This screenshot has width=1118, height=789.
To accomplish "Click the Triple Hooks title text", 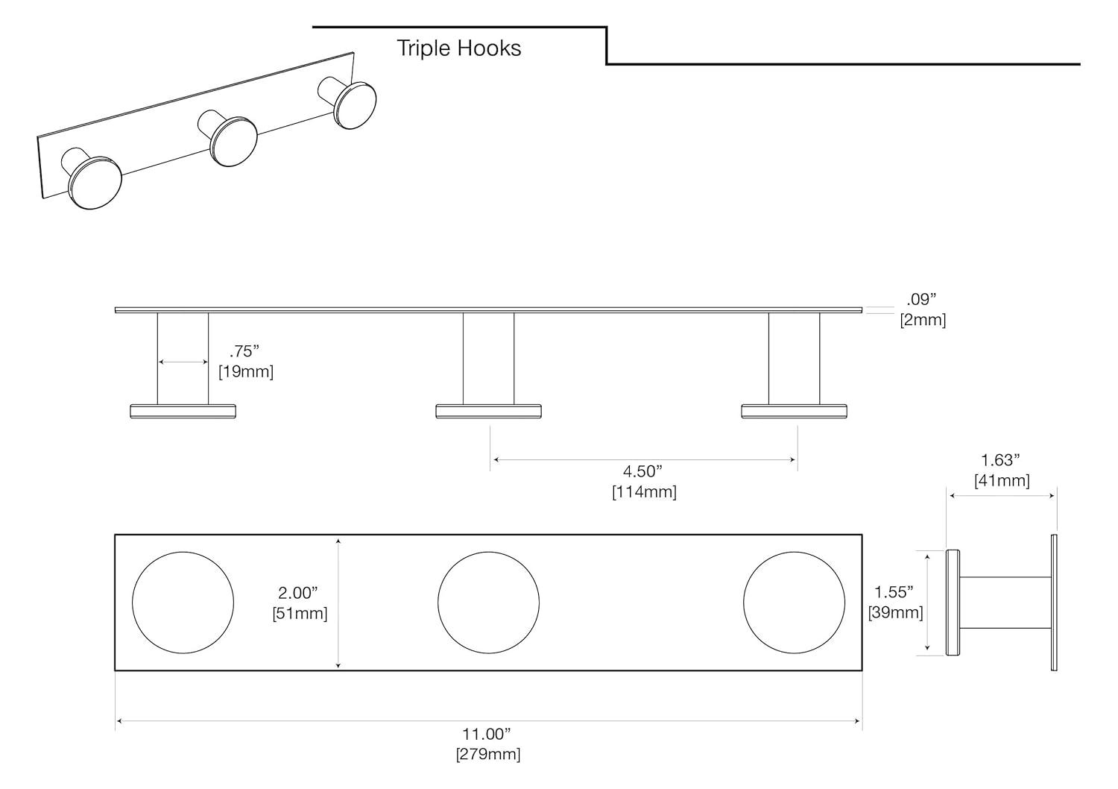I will pos(458,48).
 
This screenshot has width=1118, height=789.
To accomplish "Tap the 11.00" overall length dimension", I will pos(488,734).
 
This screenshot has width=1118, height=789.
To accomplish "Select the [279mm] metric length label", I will pos(488,754).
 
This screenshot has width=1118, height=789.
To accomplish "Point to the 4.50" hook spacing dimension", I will pos(642,471).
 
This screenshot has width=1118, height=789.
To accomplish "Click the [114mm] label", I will pos(644,492).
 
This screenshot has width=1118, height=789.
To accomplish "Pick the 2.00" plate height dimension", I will pos(298,593).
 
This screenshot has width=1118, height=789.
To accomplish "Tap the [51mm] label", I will pos(300,613).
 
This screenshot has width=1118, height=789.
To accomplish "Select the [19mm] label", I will pos(246,371).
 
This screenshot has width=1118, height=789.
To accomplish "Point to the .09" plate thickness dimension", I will pos(921,300).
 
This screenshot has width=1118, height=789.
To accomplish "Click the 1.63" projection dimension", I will pos(1000,460).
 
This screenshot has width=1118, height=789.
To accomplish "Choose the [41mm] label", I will pos(1002,481).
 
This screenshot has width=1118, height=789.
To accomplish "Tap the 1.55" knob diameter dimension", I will pos(894,592).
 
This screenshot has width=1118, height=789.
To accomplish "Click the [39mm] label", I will pos(895,612).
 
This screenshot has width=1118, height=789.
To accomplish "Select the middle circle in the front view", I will pos(488,603).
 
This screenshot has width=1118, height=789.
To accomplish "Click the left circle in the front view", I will pos(183,603).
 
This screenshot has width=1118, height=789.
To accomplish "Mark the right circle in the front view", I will pos(794,603).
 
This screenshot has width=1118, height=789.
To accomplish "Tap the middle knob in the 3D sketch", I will pos(233,141).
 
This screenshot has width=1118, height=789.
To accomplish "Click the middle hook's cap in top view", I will pos(488,411).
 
